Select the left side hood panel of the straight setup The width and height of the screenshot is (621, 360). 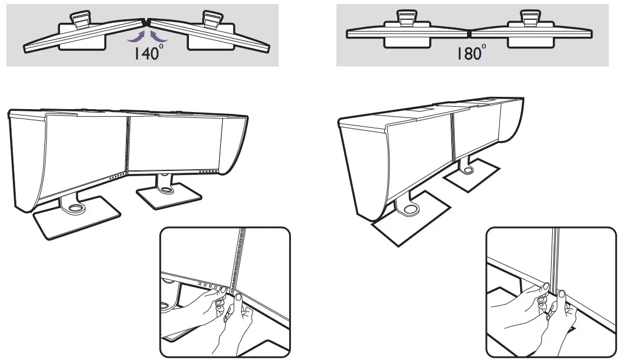click(x=362, y=169)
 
